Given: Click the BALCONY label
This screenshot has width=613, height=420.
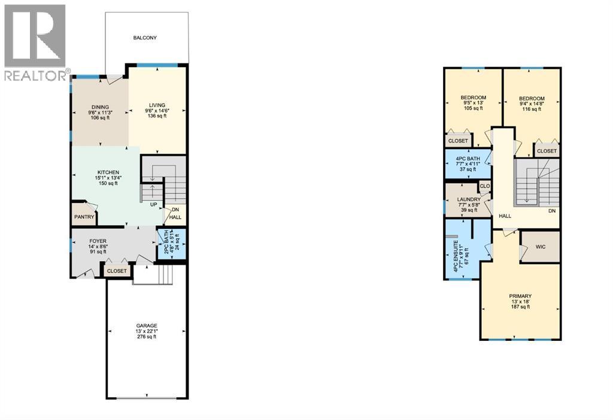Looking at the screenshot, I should pos(145,38).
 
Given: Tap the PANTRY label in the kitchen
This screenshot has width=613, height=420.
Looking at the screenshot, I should pos(81,217).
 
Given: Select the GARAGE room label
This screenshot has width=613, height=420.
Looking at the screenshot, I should pos(146,325).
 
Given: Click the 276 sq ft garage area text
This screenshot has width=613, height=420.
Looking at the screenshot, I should pos(146,337).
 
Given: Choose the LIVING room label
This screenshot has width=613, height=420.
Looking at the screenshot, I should pos(157,105).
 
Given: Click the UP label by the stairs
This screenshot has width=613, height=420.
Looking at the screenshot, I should pos(154,204).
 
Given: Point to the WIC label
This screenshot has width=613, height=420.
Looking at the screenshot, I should pos(541,246).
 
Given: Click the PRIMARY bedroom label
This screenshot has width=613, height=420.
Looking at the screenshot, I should pos(520,296).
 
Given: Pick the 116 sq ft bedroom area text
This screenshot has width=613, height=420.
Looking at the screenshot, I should pos(532,109).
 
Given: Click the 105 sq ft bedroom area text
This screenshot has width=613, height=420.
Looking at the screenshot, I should pos(473,108).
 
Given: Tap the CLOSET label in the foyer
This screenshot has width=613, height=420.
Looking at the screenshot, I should pos(117,271).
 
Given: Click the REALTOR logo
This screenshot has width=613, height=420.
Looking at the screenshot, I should pos(35,42).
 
